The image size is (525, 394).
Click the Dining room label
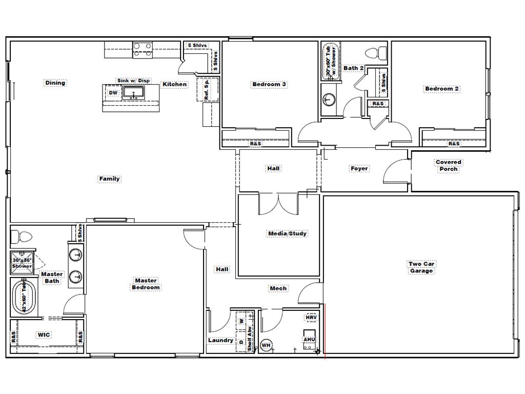55,83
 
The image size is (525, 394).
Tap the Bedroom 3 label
269,85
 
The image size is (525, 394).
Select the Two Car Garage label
421,267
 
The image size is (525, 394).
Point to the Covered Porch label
448,165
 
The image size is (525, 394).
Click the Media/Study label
288,234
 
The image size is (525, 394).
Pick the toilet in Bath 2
377,52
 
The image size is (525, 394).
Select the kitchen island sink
134,93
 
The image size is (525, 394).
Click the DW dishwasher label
113,93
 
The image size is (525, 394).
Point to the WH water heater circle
266,345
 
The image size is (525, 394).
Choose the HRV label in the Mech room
311,318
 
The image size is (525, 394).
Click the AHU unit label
309,340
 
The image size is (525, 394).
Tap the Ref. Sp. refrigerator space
207,89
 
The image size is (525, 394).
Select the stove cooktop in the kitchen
143,49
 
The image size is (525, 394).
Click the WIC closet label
44,335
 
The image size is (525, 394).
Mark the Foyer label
359,168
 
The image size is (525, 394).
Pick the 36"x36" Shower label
22,263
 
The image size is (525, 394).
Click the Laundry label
220,340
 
